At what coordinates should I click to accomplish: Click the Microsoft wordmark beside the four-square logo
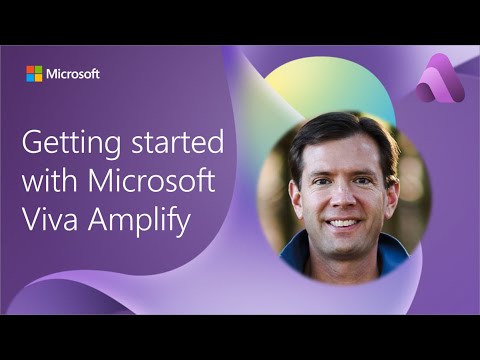[73, 73]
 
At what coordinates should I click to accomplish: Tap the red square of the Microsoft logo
[30, 70]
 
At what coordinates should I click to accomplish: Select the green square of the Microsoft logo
[38, 70]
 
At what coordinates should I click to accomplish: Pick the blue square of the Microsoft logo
[30, 78]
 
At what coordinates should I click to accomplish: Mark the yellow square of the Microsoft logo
[38, 78]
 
